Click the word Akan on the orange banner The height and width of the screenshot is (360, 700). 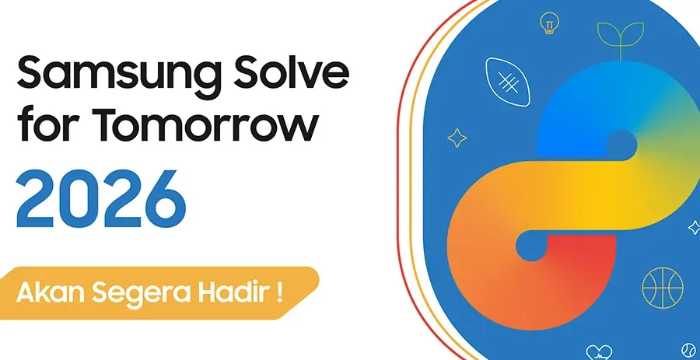pyautogui.click(x=51, y=295)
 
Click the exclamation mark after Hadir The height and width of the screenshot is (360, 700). pyautogui.click(x=278, y=295)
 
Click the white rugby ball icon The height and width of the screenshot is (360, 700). pyautogui.click(x=507, y=80)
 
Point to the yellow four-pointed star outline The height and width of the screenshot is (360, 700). pyautogui.click(x=457, y=138)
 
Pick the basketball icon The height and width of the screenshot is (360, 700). pyautogui.click(x=662, y=287)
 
